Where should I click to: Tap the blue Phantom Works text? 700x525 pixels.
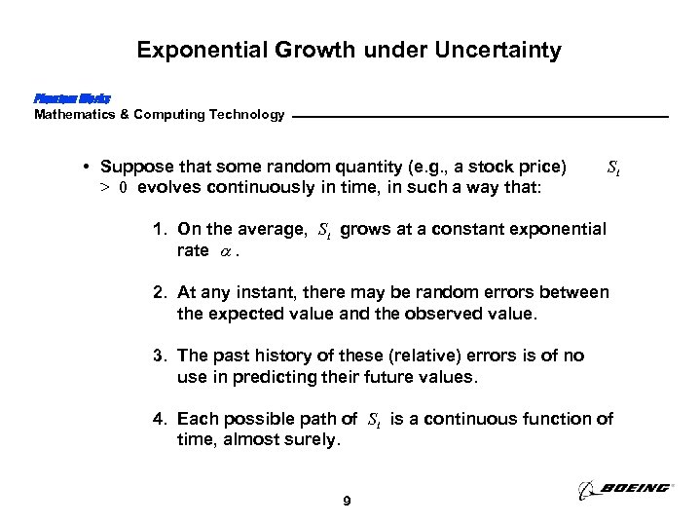(x=72, y=98)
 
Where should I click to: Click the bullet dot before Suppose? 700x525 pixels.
(x=88, y=167)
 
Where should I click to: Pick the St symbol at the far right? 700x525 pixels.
(x=613, y=168)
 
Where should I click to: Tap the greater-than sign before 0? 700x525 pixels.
(x=104, y=188)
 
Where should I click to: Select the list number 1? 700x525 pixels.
(x=158, y=230)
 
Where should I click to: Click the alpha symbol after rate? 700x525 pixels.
(x=226, y=251)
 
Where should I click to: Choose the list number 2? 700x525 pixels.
(x=158, y=293)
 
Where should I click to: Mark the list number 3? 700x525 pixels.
(x=158, y=356)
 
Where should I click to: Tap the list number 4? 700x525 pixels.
(x=158, y=419)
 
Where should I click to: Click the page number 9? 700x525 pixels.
(x=349, y=502)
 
